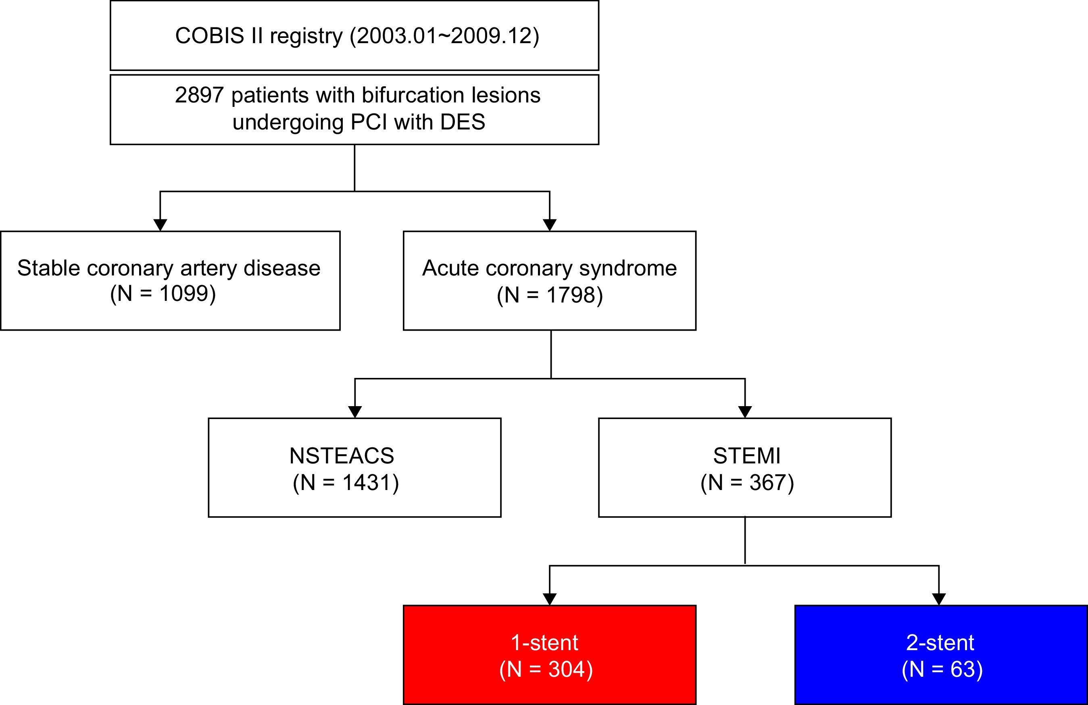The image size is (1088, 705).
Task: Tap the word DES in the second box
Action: click(x=463, y=122)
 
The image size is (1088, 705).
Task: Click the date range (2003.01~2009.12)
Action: click(x=444, y=35)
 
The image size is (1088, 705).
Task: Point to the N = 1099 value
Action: click(x=163, y=293)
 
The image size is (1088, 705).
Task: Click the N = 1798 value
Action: click(x=550, y=294)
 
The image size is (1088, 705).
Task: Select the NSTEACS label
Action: click(x=342, y=455)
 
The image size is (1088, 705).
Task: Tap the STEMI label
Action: click(x=747, y=455)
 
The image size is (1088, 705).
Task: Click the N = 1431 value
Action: click(x=346, y=482)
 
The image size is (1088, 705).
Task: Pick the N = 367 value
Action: click(x=747, y=482)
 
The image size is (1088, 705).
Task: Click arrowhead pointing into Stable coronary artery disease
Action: click(x=160, y=225)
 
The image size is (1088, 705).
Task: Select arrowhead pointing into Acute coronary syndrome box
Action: click(x=550, y=225)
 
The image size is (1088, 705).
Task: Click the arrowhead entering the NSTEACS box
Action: click(x=355, y=411)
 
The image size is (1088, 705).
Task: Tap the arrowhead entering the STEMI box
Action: click(x=745, y=411)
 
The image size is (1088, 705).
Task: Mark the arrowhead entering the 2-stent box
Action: click(x=939, y=599)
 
